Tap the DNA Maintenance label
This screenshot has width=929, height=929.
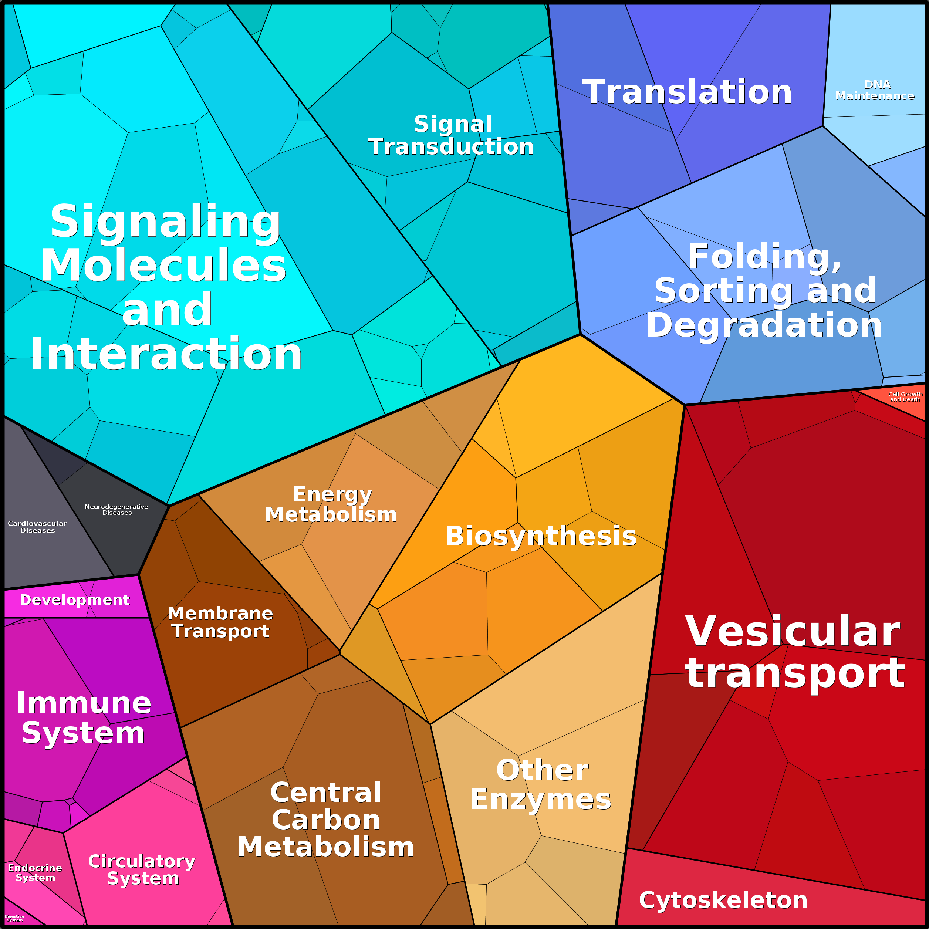(x=875, y=90)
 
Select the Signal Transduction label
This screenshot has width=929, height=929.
(x=452, y=136)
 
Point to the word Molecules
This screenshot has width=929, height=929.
(x=163, y=266)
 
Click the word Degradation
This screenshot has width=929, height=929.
(x=764, y=325)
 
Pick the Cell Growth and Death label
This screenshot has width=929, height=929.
(x=905, y=397)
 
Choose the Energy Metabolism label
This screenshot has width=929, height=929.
(x=331, y=504)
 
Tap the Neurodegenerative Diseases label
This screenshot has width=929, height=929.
(x=117, y=510)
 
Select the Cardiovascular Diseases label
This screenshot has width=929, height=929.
(x=37, y=527)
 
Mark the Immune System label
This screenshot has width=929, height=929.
(x=84, y=718)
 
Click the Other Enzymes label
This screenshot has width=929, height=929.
(x=541, y=785)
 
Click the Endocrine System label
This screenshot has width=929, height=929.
(x=35, y=873)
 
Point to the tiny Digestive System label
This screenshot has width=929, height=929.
(x=14, y=918)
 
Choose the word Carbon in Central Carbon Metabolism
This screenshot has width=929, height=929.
(x=326, y=820)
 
